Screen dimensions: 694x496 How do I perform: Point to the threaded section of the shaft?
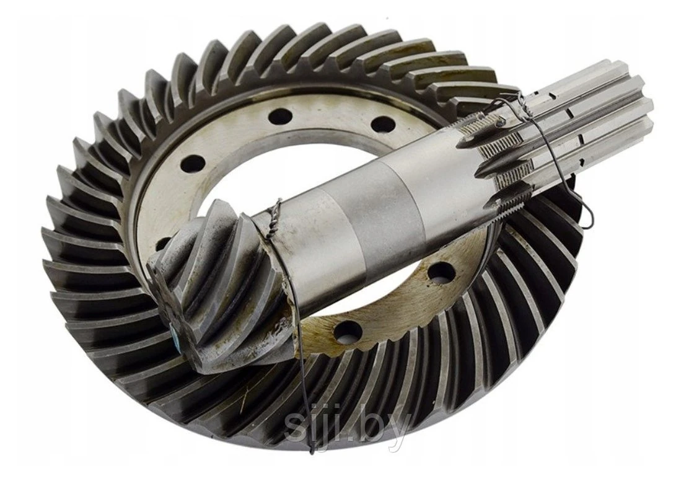coord(496,155)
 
